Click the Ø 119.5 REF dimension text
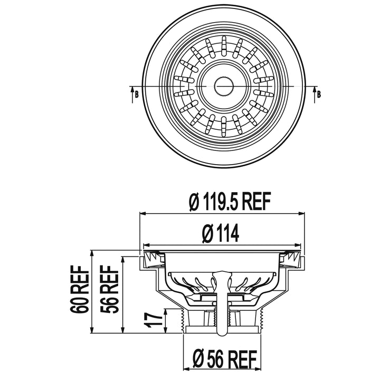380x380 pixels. click(x=229, y=202)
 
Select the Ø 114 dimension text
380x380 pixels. click(x=221, y=233)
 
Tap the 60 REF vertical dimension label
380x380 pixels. click(x=79, y=289)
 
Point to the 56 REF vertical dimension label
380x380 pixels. click(x=109, y=289)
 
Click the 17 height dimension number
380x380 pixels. click(x=154, y=320)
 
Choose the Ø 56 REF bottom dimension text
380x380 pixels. click(x=225, y=359)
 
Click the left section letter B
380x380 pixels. click(x=137, y=94)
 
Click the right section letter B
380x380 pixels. click(x=319, y=94)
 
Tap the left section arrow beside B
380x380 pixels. click(x=132, y=95)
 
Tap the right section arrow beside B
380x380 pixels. click(x=315, y=95)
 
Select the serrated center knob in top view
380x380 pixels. click(x=223, y=86)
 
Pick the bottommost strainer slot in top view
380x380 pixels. click(x=224, y=125)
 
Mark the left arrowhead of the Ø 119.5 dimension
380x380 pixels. click(x=142, y=214)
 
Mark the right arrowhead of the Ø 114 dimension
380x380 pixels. click(x=298, y=245)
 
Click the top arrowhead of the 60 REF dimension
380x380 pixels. click(x=92, y=253)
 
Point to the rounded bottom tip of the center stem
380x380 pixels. click(x=223, y=335)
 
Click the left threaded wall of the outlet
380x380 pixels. click(x=183, y=320)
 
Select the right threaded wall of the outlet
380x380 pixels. click(x=261, y=320)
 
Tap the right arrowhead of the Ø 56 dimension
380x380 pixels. click(x=259, y=376)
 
